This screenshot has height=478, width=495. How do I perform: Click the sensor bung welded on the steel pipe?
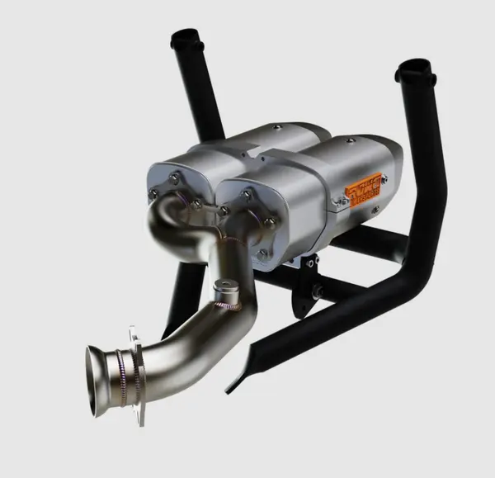tap(224, 291)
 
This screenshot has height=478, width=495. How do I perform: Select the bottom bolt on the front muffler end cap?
tap(263, 253)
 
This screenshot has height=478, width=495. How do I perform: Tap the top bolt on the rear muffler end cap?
tap(175, 177)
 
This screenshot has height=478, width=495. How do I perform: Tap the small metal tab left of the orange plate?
tap(338, 200)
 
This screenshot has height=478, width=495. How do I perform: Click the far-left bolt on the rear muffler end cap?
tap(153, 195)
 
